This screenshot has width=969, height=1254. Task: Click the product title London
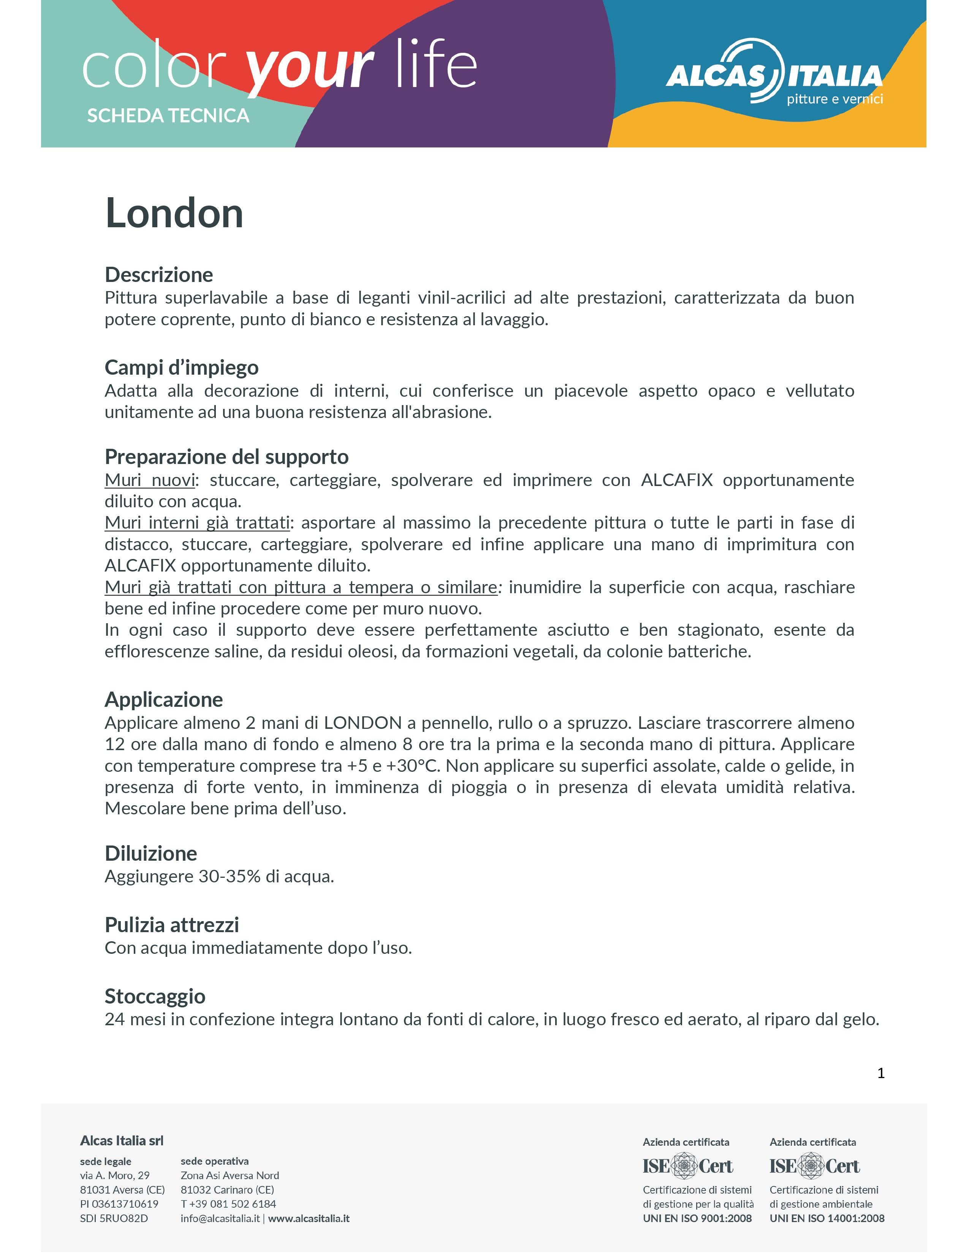tap(174, 214)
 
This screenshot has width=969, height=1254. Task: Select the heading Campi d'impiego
tap(181, 367)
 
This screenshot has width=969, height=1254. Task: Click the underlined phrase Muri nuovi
tap(150, 480)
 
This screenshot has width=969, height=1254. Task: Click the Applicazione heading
tap(164, 699)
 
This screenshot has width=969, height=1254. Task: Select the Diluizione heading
tap(150, 853)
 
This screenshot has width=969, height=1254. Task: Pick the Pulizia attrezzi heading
tap(172, 925)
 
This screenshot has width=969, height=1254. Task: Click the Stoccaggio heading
tap(155, 996)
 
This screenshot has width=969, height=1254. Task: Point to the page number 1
tap(880, 1073)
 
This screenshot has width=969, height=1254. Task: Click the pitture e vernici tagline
tap(834, 99)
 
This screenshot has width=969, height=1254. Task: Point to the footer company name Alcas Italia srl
tap(122, 1141)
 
